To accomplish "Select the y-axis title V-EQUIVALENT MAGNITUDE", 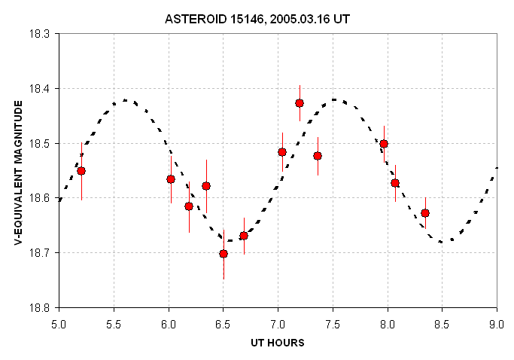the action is [x=19, y=172].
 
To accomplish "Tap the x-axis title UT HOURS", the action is [x=278, y=343].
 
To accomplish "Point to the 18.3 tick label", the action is [x=39, y=34].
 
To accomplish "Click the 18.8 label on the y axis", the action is [x=39, y=308].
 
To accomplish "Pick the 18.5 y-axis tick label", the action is [x=39, y=143].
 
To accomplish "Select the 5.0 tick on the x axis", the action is [x=59, y=325].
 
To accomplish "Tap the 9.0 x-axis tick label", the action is [x=497, y=325].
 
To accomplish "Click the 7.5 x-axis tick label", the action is [x=333, y=325].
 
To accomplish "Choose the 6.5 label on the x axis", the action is [x=224, y=325].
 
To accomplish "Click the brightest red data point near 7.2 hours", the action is [x=300, y=103].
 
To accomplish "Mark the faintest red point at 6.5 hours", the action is [x=224, y=254].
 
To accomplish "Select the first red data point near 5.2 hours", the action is [x=81, y=171].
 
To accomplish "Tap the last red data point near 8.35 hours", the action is [x=425, y=213].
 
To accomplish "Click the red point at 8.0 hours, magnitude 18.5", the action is [x=384, y=144].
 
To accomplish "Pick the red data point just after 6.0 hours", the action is [x=171, y=179].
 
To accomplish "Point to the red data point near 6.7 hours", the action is [x=244, y=236].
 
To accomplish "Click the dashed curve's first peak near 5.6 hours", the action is [x=126, y=100].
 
